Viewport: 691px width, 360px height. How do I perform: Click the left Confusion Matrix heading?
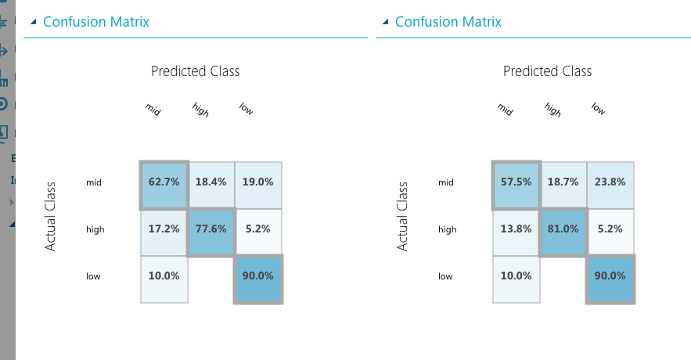click(x=96, y=22)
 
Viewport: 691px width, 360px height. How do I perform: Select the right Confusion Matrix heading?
click(x=448, y=22)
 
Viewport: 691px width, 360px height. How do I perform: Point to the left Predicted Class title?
click(x=196, y=71)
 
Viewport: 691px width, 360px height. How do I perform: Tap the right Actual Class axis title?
click(x=403, y=217)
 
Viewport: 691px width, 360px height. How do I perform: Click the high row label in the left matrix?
click(x=95, y=229)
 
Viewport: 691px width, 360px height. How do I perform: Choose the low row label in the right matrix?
click(x=445, y=276)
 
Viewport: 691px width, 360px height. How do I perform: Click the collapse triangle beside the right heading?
click(x=384, y=22)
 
